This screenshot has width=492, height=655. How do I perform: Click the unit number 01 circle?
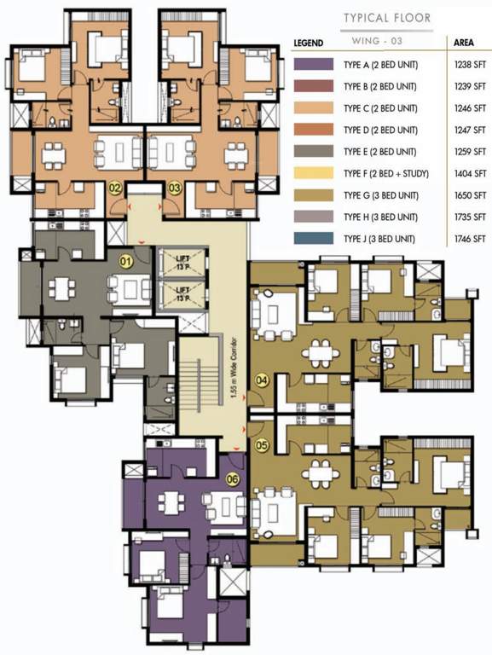pyautogui.click(x=126, y=262)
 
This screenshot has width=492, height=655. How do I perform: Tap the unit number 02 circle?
pyautogui.click(x=115, y=187)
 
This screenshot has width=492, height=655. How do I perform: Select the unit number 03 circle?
pyautogui.click(x=174, y=187)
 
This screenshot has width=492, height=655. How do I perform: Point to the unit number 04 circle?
pyautogui.click(x=263, y=380)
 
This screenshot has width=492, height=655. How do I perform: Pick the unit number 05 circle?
pyautogui.click(x=263, y=444)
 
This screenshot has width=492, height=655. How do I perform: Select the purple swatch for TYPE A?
pyautogui.click(x=312, y=63)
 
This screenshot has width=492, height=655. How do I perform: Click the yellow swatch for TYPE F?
pyautogui.click(x=312, y=173)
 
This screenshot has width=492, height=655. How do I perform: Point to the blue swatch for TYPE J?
pyautogui.click(x=312, y=239)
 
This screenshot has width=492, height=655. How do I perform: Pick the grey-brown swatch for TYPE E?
pyautogui.click(x=312, y=151)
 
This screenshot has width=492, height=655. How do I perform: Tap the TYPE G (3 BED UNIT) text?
pyautogui.click(x=380, y=195)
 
